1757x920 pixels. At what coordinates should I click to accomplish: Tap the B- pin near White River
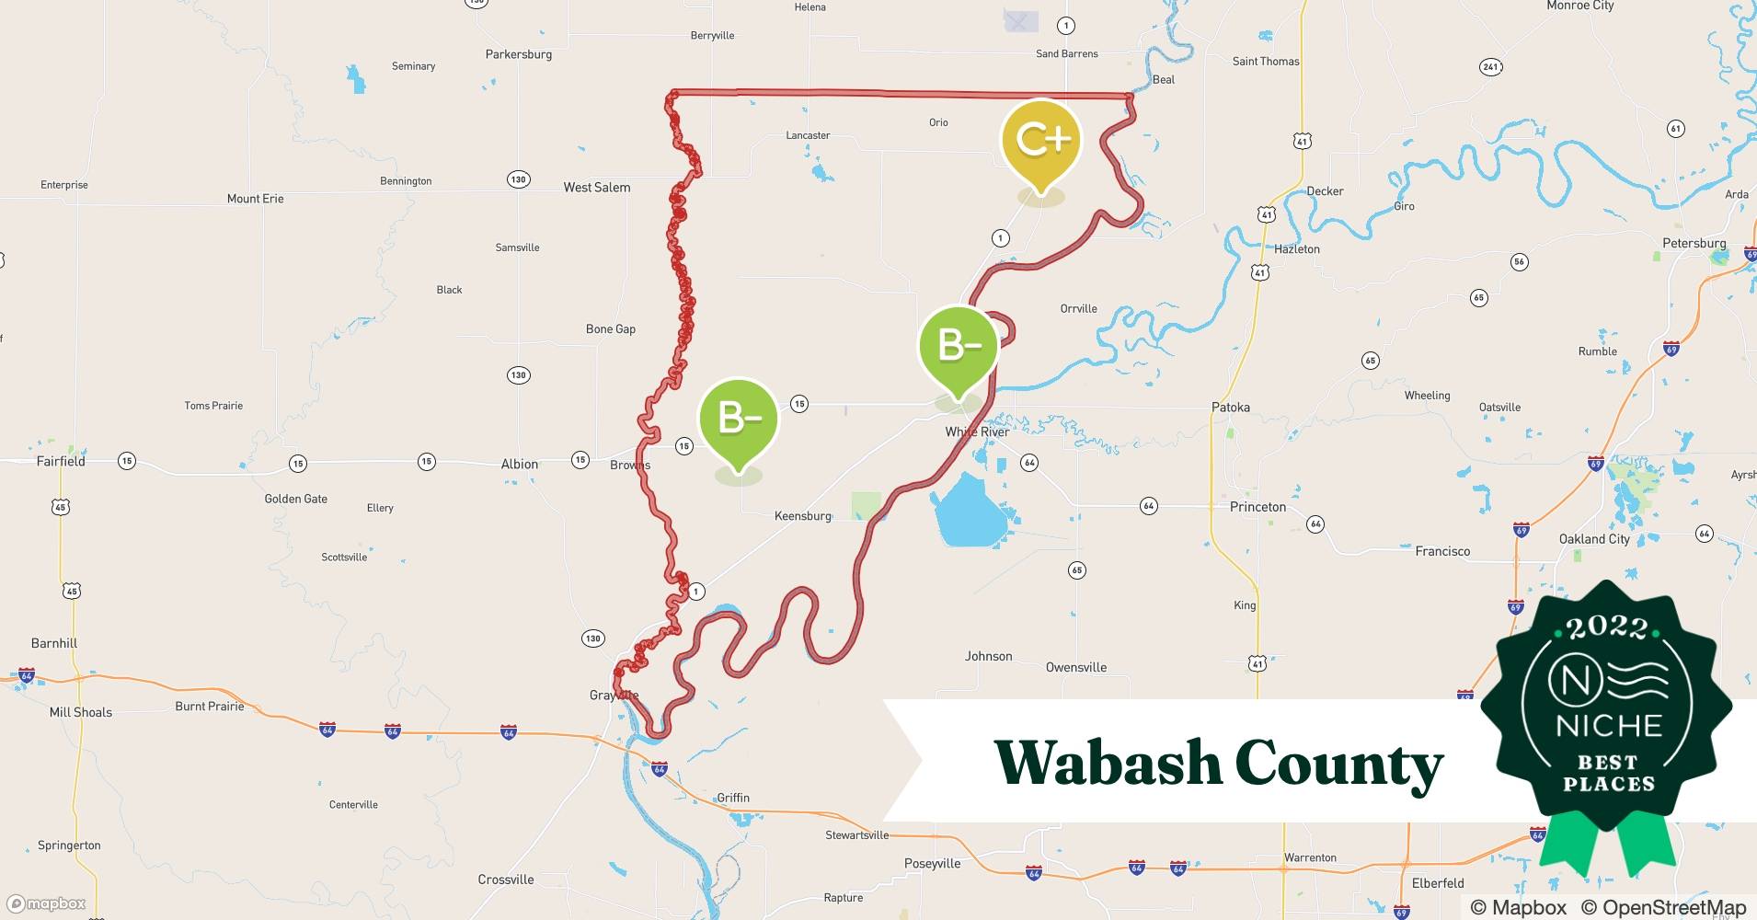point(959,346)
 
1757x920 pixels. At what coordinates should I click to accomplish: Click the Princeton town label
point(1257,507)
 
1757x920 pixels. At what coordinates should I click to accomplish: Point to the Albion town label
point(519,464)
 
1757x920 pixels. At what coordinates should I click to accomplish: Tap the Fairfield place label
point(61,461)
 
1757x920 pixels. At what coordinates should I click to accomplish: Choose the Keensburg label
point(802,516)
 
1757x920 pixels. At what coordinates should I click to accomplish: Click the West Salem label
point(597,187)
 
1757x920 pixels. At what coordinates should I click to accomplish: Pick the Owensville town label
point(1075,667)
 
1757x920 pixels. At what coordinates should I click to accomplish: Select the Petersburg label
point(1694,243)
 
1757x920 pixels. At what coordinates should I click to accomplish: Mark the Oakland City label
point(1593,539)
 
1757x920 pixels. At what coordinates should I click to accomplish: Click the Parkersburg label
point(519,54)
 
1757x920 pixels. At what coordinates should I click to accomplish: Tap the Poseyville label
point(932,863)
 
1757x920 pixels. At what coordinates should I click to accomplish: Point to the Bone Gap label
point(611,328)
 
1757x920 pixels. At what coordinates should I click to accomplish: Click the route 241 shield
point(1490,66)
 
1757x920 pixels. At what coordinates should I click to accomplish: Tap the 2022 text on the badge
point(1607,627)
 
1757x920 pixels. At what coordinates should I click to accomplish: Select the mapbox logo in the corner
point(46,903)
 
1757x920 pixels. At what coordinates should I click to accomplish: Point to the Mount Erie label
point(255,198)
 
